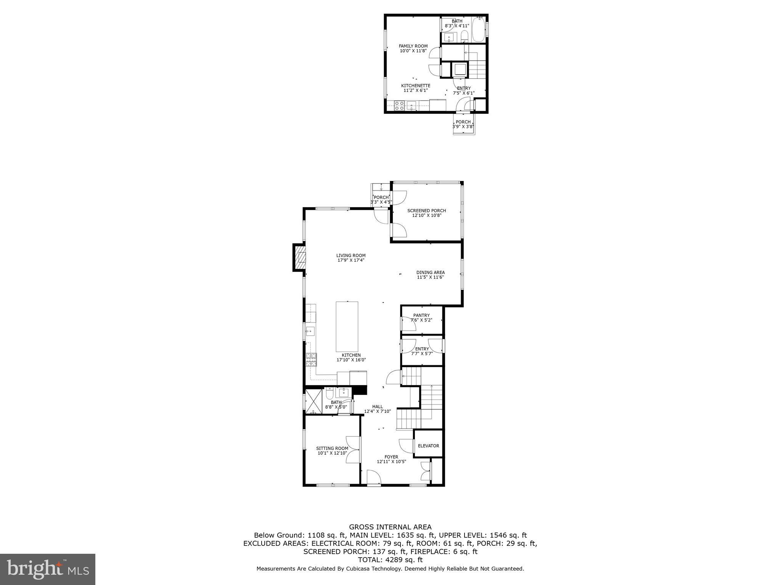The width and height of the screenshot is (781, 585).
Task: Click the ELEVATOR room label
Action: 428,446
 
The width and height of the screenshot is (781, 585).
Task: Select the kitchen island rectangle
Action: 347,326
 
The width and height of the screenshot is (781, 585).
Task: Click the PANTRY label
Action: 421,315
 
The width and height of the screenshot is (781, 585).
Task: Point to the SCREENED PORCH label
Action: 426,211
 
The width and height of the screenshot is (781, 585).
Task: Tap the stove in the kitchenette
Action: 399,105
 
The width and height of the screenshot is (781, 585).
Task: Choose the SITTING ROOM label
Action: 332,448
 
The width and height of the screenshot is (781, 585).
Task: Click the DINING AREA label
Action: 430,272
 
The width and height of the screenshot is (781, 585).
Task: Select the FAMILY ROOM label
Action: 413,46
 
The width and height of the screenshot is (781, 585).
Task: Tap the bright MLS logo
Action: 48,569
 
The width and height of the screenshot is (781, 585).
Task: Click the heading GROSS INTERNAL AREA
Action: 390,527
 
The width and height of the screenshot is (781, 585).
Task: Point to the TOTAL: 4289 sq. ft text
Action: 390,560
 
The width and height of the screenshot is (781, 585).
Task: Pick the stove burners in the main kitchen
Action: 311,359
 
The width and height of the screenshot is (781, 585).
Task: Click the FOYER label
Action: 391,457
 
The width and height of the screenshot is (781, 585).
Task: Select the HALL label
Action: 378,407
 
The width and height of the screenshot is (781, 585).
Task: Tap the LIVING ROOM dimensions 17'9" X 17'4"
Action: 351,261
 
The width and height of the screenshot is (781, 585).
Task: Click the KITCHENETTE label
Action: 416,86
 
